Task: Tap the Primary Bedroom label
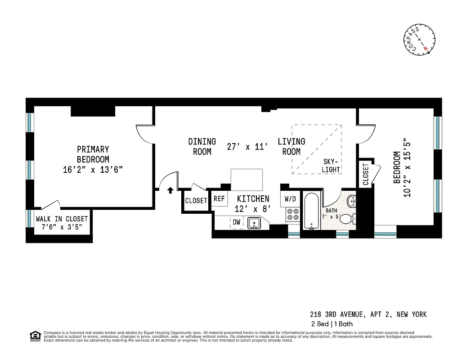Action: (x=93, y=154)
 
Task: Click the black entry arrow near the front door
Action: (x=170, y=190)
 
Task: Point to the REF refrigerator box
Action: (x=219, y=199)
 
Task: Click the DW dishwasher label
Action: (x=237, y=222)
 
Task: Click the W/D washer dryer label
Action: (x=290, y=198)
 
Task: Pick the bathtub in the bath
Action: (x=311, y=211)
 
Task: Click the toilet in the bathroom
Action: (x=347, y=220)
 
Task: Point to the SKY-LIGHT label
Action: (x=331, y=166)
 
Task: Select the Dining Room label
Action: (x=202, y=147)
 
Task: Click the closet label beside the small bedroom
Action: (x=365, y=174)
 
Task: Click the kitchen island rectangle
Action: (x=246, y=180)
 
